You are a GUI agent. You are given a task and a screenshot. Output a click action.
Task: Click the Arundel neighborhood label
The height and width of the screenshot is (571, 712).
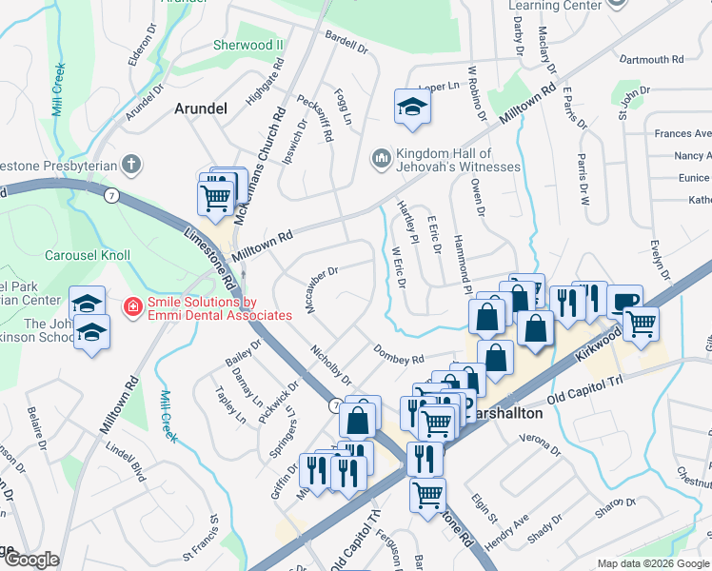[x=201, y=108]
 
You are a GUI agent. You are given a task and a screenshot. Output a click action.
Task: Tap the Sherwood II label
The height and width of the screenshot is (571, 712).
[x=248, y=45]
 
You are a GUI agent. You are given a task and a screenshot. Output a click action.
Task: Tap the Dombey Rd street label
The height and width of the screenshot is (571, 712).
[x=398, y=355]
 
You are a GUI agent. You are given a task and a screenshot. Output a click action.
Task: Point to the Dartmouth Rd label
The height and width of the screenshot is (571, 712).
[x=651, y=59]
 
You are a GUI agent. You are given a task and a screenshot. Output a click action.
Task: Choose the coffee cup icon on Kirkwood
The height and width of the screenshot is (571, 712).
[x=624, y=301]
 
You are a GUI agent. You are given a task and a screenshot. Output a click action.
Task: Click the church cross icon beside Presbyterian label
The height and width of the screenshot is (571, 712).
[x=130, y=165]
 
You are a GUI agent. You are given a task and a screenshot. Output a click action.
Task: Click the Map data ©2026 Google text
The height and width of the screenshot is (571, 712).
[x=653, y=563]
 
